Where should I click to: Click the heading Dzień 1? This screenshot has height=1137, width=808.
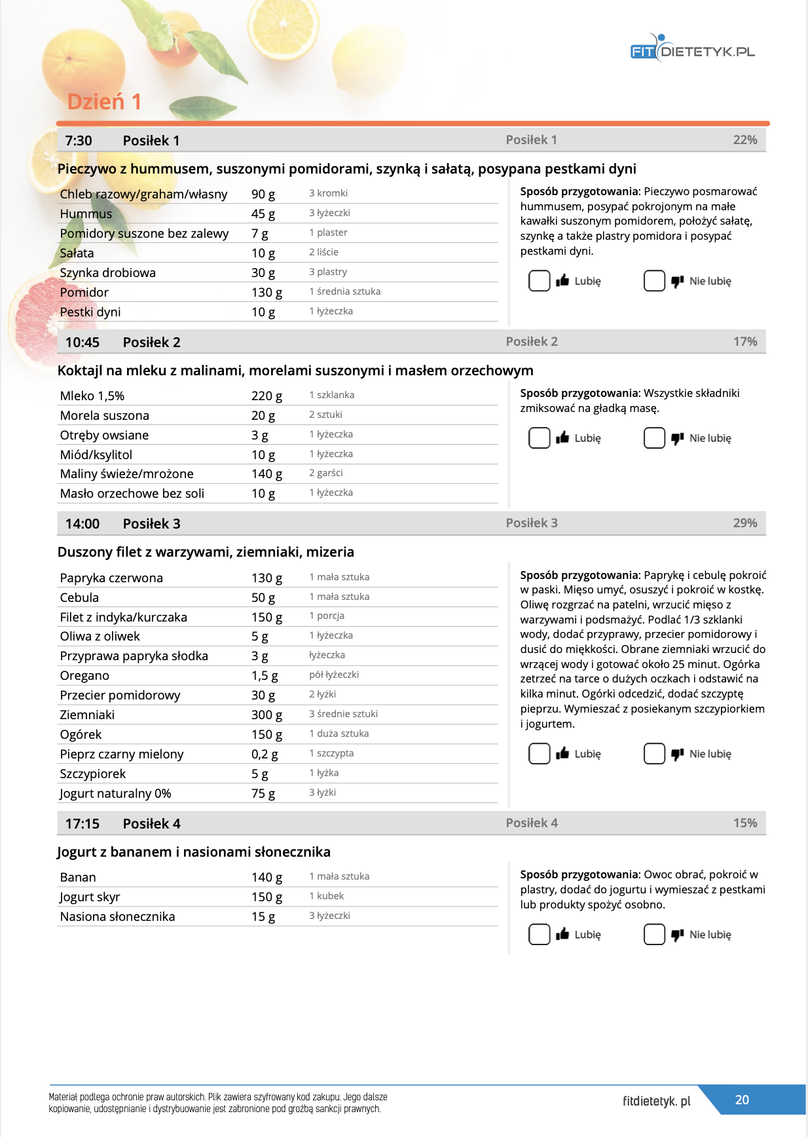[x=104, y=102]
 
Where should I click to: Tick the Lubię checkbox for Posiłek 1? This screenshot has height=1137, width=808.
[x=539, y=281]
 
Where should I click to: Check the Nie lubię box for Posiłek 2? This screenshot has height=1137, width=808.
[x=654, y=438]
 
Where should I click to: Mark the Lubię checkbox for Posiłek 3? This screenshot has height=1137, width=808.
[x=539, y=754]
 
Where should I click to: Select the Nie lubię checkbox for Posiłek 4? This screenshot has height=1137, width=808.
[x=654, y=935]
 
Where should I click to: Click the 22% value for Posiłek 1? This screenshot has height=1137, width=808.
[x=744, y=140]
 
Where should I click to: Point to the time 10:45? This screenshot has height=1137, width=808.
[x=83, y=343]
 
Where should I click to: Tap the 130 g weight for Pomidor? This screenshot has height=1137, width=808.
[x=266, y=293]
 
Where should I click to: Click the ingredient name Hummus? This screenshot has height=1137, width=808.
[x=86, y=214]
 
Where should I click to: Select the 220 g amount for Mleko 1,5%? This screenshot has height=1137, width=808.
[x=266, y=396]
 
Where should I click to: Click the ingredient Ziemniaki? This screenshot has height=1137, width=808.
[x=87, y=715]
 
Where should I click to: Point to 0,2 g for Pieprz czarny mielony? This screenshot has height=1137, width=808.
[x=265, y=755]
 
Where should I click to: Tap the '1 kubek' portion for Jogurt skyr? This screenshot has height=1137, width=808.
[x=326, y=896]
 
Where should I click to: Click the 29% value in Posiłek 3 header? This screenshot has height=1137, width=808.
[x=744, y=523]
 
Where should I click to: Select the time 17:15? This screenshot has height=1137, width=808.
[x=83, y=824]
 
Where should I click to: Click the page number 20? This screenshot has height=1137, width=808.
[x=741, y=1100]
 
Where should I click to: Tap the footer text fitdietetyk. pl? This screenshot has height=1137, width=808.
[x=656, y=1101]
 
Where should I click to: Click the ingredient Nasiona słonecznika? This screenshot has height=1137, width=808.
[x=117, y=917]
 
